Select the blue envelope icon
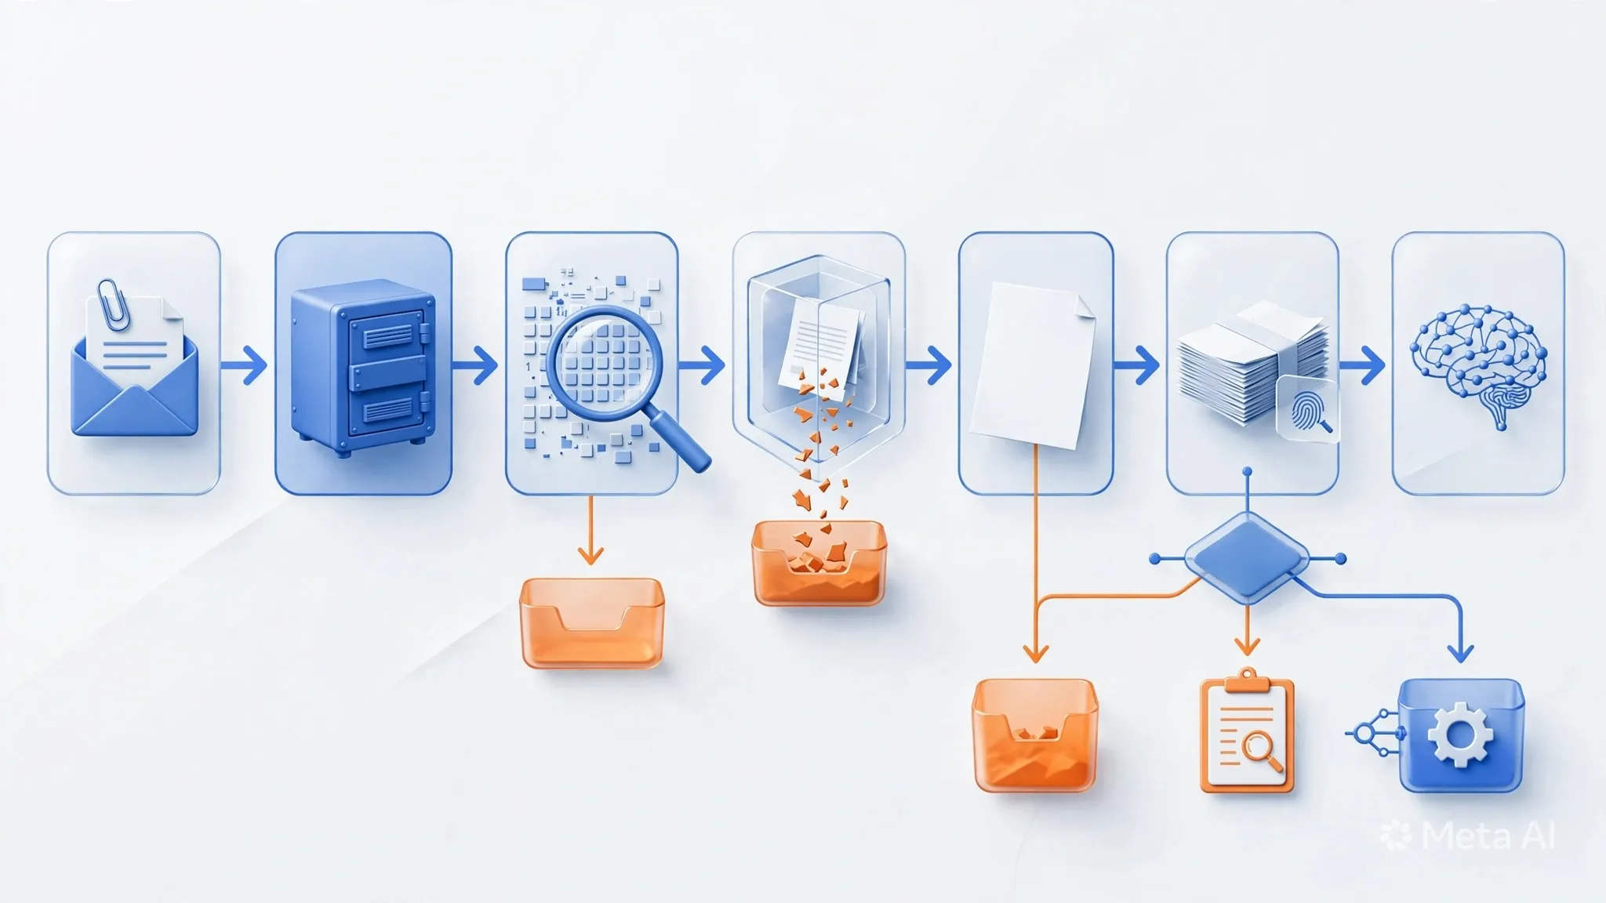(x=134, y=392)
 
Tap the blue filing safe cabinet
(x=363, y=370)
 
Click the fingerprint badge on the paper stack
(x=1308, y=409)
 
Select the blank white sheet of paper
(x=1032, y=365)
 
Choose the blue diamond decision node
(x=1247, y=558)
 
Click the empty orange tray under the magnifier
(x=591, y=623)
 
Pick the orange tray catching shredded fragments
(x=819, y=563)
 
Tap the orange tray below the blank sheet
(x=1034, y=735)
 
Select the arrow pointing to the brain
(x=1362, y=364)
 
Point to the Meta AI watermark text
(x=1488, y=836)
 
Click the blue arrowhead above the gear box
(x=1459, y=652)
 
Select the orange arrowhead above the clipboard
(x=1247, y=645)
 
